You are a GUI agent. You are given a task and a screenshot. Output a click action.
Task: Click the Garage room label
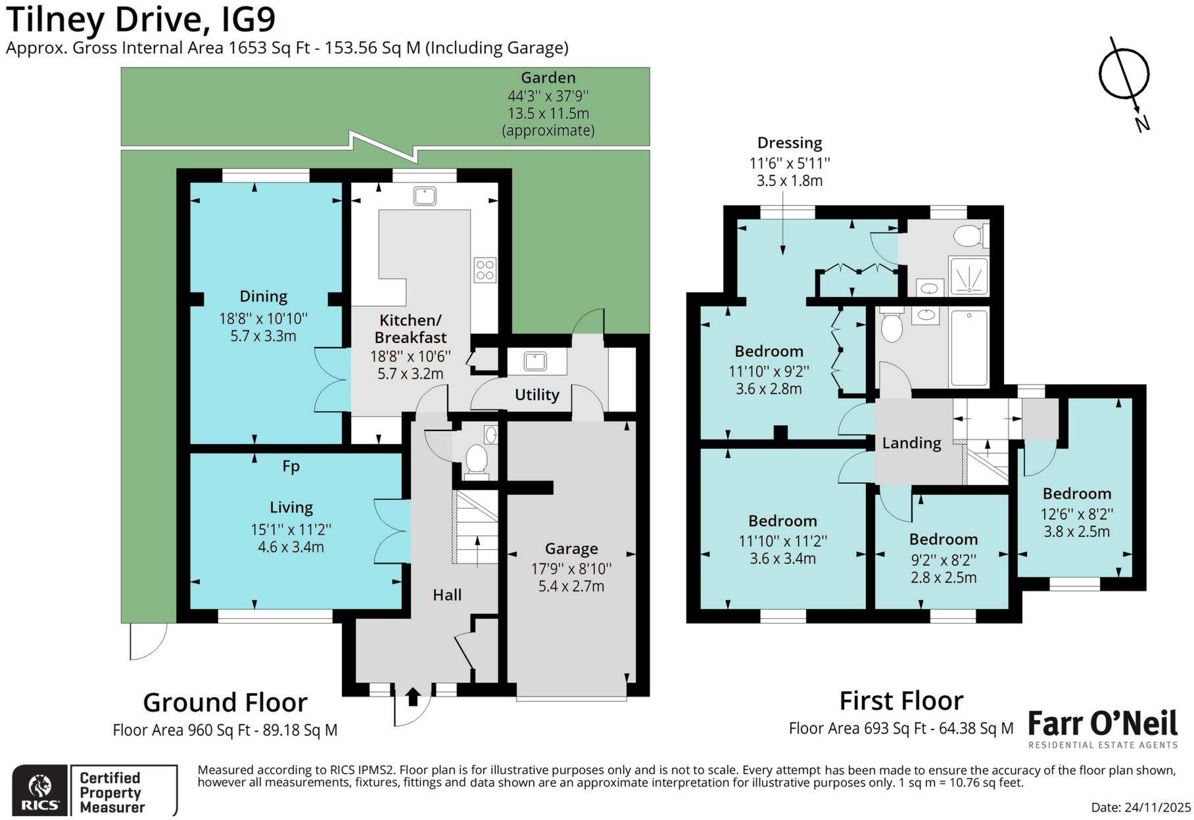[x=571, y=549]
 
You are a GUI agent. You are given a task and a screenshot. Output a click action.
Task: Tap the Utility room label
[x=537, y=394]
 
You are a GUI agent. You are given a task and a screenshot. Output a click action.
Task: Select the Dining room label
[x=263, y=297]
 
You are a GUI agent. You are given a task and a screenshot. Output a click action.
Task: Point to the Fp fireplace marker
[x=291, y=466]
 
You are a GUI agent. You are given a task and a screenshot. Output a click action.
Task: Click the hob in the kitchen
[x=485, y=270]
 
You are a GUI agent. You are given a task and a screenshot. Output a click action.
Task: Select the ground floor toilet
[x=475, y=459]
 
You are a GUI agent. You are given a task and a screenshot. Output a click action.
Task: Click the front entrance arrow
[x=413, y=696]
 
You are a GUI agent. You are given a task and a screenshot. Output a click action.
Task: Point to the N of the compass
[x=1142, y=123]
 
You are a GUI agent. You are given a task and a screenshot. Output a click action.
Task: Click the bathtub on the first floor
[x=969, y=348]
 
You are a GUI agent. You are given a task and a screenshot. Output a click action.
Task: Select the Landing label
[x=911, y=444]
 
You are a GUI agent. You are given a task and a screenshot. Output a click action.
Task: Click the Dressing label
[x=790, y=143]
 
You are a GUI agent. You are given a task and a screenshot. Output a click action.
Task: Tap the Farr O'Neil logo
[x=1103, y=729]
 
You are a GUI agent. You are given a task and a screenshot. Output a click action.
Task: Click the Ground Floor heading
[x=225, y=702]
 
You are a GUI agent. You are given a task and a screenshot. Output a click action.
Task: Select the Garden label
[x=548, y=78]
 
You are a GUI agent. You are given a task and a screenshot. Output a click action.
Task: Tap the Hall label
[x=447, y=595]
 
